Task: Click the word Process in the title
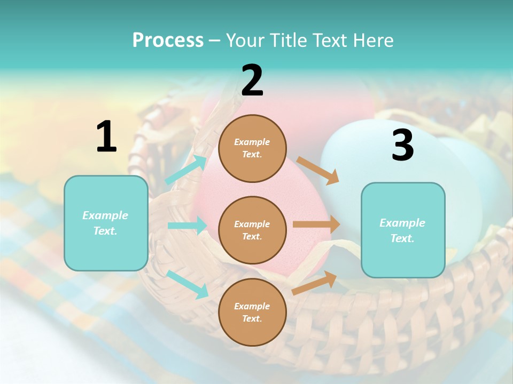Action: (168, 41)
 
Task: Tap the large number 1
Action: (106, 137)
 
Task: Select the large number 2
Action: (252, 81)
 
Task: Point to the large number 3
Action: (402, 146)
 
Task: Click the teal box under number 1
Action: (106, 223)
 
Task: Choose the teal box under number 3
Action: (403, 230)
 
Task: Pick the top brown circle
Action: (252, 148)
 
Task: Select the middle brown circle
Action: (252, 230)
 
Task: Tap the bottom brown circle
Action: (252, 312)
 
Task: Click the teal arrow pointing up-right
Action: (186, 170)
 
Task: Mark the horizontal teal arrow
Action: (187, 226)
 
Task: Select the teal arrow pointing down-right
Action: (187, 284)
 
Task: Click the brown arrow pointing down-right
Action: (318, 170)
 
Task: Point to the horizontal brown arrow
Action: (316, 225)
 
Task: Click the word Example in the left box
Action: (105, 215)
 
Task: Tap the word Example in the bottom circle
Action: (252, 306)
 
